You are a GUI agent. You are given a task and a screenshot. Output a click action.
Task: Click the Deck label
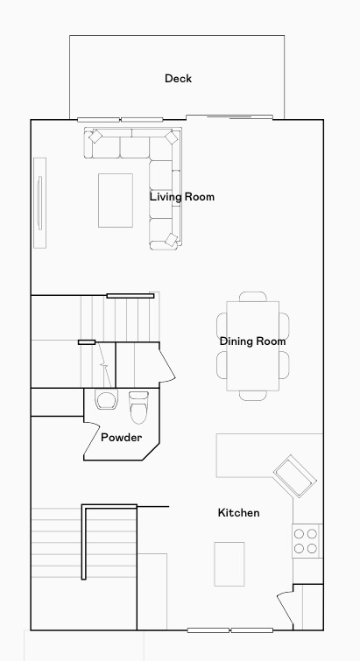coord(178,79)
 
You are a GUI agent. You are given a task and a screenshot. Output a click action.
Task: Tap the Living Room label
coord(181,197)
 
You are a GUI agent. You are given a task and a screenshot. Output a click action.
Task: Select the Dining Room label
coord(253,341)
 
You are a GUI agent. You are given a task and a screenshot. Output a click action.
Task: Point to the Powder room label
coord(121,437)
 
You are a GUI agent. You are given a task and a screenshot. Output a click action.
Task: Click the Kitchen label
coord(238,512)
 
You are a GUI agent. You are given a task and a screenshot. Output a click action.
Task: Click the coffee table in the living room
coord(116,200)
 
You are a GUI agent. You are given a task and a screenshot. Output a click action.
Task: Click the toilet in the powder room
coord(139,407)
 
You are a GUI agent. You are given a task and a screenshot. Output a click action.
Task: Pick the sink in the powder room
coord(107,401)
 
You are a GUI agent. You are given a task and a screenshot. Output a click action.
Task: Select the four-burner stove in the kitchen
coord(307,541)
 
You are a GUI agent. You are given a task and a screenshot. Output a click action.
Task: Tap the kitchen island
coord(229,564)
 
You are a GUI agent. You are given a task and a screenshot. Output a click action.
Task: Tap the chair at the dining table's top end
coord(253,296)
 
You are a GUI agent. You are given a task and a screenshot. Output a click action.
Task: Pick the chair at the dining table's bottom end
coord(253,396)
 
